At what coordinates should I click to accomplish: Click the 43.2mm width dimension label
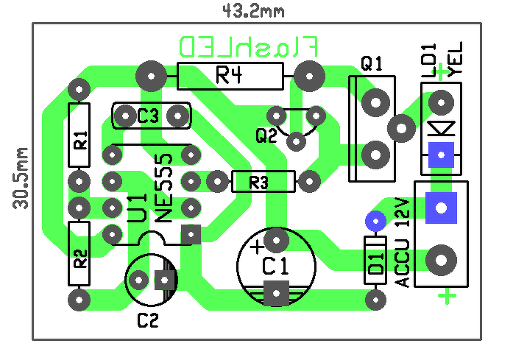coord(253,12)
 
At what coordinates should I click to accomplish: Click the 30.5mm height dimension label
coord(21,178)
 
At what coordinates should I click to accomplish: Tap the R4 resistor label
coord(230,75)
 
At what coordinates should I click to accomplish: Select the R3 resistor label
coord(259,183)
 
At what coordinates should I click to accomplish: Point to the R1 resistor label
coord(80,140)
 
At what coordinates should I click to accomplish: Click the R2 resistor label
coord(80,258)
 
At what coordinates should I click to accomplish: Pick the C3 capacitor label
coord(148,115)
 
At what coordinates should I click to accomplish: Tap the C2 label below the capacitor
coord(148,320)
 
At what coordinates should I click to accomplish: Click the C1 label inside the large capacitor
coord(276,266)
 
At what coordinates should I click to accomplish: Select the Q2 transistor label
coord(266,135)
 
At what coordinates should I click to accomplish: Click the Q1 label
coord(372,63)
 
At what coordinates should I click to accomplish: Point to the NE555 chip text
coord(163,188)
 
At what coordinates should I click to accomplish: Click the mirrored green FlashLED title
coord(249,47)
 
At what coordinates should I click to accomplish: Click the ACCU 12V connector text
coord(403,242)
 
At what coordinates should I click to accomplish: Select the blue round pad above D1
coord(375,222)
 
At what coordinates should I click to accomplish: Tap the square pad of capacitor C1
coord(276,293)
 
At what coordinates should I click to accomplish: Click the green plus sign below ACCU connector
coord(447,296)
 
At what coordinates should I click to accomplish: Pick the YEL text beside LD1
coord(456,60)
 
